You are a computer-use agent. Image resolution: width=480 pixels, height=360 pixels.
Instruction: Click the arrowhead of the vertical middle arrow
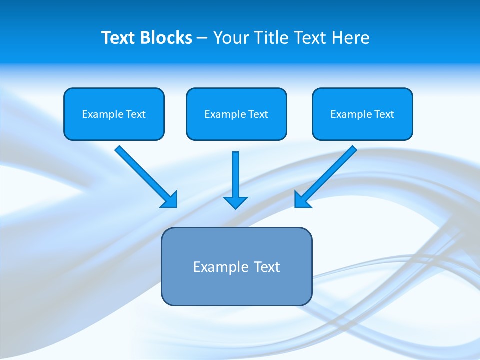235,202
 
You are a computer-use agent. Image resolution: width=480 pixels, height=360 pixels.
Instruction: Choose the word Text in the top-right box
384,114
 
